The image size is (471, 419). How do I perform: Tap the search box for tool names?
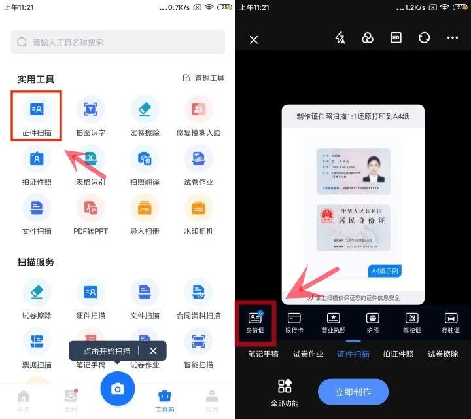pos(118,42)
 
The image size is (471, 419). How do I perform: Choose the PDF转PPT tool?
pos(90,208)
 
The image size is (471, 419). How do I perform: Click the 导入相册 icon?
pos(145,208)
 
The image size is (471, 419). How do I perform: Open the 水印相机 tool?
pos(198,208)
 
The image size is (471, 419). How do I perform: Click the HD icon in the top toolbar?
pos(396,38)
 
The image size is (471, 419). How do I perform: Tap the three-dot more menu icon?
pos(453,38)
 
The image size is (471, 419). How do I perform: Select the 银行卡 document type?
pos(294,321)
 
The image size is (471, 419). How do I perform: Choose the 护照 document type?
pos(373,321)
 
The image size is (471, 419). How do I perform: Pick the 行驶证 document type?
pos(451,321)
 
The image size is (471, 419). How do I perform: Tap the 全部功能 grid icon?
pos(285,392)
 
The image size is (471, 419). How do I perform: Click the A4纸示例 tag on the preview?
pos(385,270)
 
